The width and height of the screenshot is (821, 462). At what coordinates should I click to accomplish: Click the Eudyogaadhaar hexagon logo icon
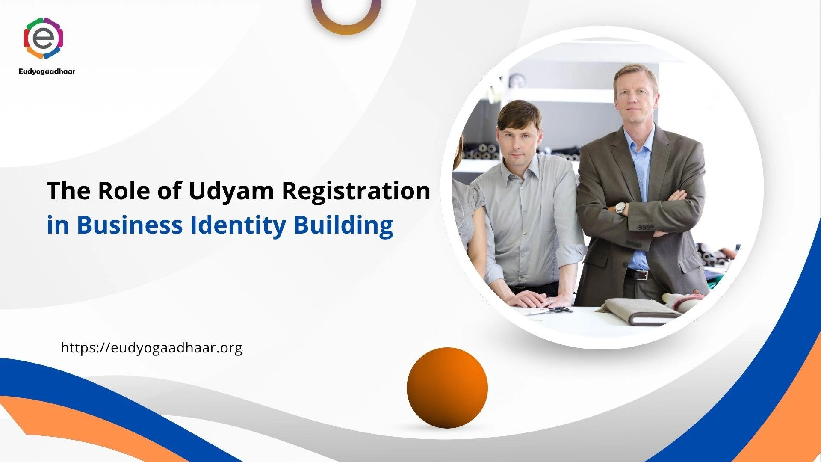(x=44, y=38)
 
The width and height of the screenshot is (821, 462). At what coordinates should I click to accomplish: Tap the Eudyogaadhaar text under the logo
(x=47, y=71)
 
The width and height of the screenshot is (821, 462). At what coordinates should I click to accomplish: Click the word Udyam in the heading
(x=231, y=191)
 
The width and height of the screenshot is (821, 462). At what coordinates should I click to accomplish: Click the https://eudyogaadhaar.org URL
(x=152, y=347)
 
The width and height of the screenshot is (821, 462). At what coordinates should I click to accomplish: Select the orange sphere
(x=447, y=388)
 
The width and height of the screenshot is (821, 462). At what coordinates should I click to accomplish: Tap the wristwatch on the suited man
(x=620, y=208)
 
